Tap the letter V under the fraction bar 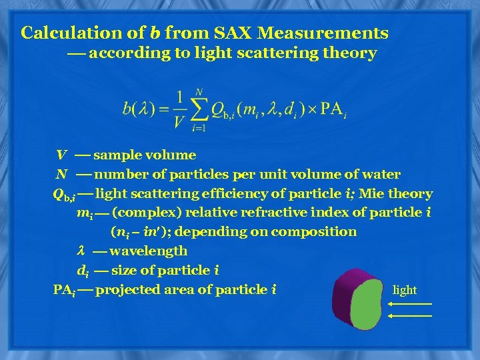pos(179,121)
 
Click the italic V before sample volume pos(61,155)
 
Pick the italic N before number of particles pos(61,175)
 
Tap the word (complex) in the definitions pos(142,213)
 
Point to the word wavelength pos(148,251)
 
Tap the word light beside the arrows pos(404,290)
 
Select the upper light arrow pos(409,304)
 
